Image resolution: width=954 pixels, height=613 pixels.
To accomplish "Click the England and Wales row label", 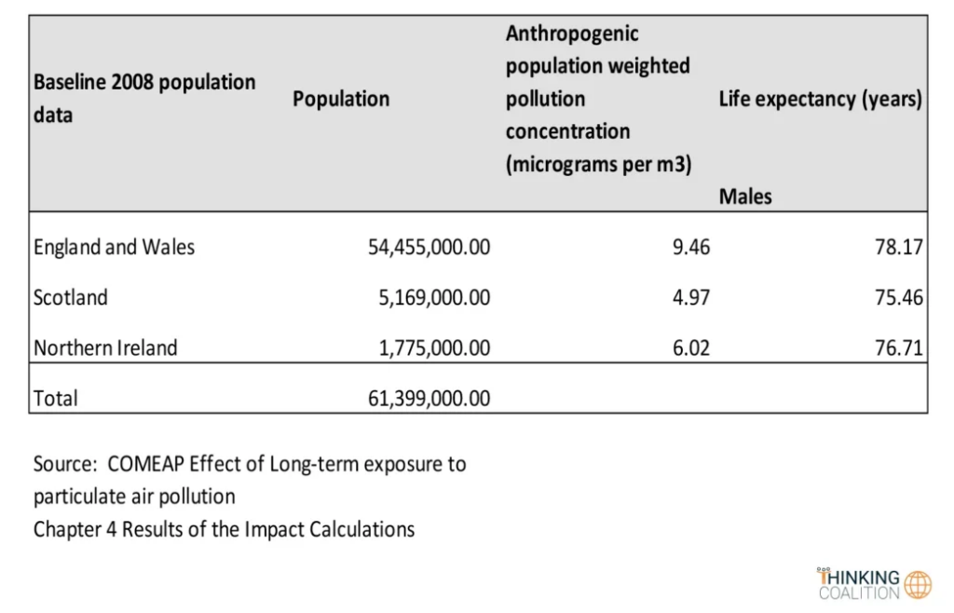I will click(x=114, y=247).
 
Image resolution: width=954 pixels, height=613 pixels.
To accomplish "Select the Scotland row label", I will click(x=71, y=297).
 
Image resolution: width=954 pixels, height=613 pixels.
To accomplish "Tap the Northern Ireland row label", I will click(x=105, y=347).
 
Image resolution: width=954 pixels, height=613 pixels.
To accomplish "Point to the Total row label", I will click(x=56, y=398).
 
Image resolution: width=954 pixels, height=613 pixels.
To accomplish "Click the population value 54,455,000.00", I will click(x=429, y=247).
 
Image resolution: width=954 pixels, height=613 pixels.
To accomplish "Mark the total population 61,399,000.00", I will click(x=429, y=398).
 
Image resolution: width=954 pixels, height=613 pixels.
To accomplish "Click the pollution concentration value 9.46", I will click(x=690, y=247).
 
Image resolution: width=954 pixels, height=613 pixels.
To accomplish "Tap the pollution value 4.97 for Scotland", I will click(x=690, y=297).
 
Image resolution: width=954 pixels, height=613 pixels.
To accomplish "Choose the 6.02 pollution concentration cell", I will click(x=690, y=347).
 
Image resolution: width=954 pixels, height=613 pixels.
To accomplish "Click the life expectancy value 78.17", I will click(x=899, y=247).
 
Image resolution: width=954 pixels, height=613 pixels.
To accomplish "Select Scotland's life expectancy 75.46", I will click(x=899, y=297).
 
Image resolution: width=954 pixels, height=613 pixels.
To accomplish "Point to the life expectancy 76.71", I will click(x=899, y=347).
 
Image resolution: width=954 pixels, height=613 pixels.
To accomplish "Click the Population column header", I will click(x=341, y=99).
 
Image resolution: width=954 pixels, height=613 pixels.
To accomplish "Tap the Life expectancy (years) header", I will click(x=820, y=99).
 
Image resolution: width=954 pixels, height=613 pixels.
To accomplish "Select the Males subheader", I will click(x=745, y=197).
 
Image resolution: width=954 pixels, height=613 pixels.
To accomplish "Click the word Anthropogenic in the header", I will click(x=572, y=34).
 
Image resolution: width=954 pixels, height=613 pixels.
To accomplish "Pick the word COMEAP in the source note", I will click(x=143, y=463).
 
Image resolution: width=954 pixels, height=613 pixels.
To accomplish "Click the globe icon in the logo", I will click(x=918, y=584).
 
